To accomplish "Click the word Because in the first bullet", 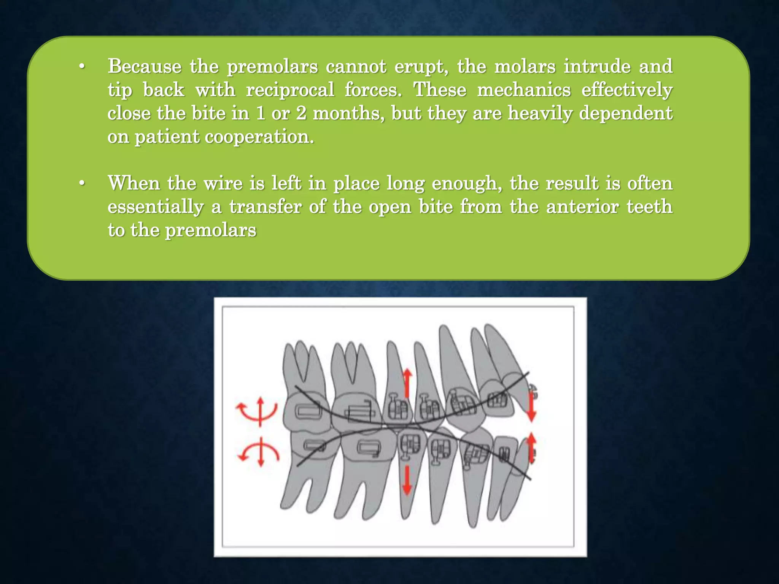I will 145,67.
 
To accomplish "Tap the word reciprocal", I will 290,90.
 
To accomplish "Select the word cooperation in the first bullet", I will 259,137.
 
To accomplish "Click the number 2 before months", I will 301,113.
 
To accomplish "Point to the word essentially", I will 156,207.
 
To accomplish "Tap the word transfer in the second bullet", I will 265,207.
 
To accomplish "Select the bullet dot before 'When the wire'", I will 81,184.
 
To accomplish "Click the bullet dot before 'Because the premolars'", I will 81,67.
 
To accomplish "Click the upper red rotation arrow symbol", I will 258,411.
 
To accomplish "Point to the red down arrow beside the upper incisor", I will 531,409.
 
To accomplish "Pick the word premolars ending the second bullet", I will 211,230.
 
